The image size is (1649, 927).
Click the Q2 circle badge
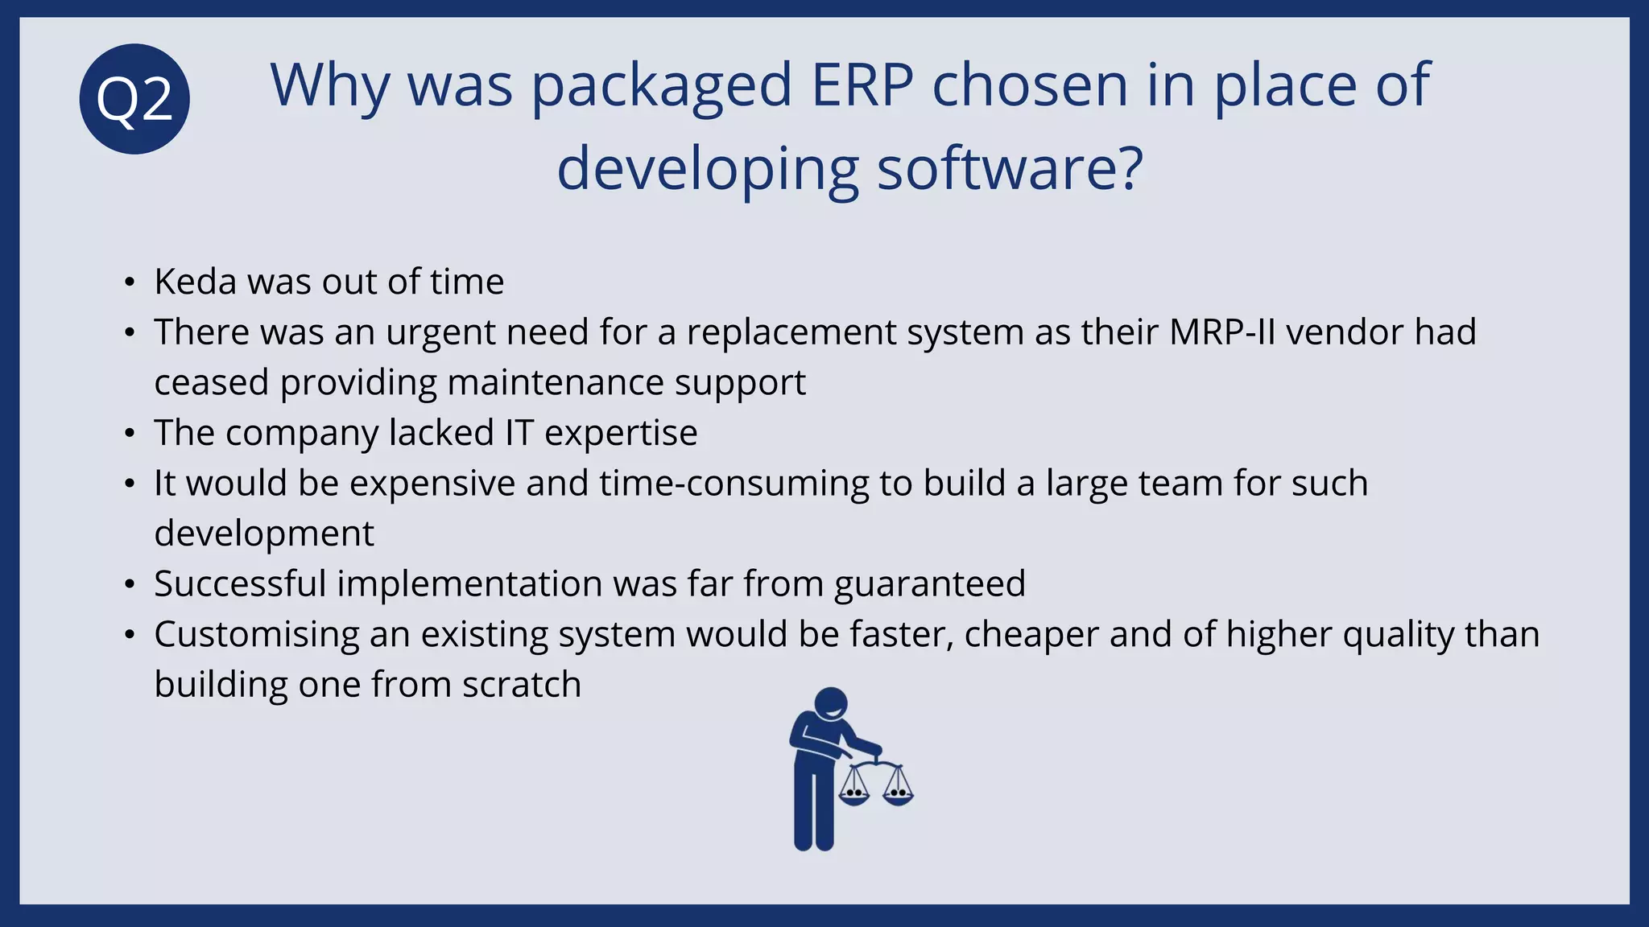tap(134, 99)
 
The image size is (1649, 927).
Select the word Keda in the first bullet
tap(195, 282)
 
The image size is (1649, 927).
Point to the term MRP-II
tap(1221, 332)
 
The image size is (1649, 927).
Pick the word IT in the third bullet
tap(519, 433)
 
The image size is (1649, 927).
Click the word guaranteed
tap(930, 584)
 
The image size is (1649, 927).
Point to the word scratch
tap(521, 685)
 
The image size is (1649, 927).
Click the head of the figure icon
tap(831, 705)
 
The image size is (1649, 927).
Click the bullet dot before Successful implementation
tap(130, 584)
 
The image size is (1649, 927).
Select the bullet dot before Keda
tap(130, 282)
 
